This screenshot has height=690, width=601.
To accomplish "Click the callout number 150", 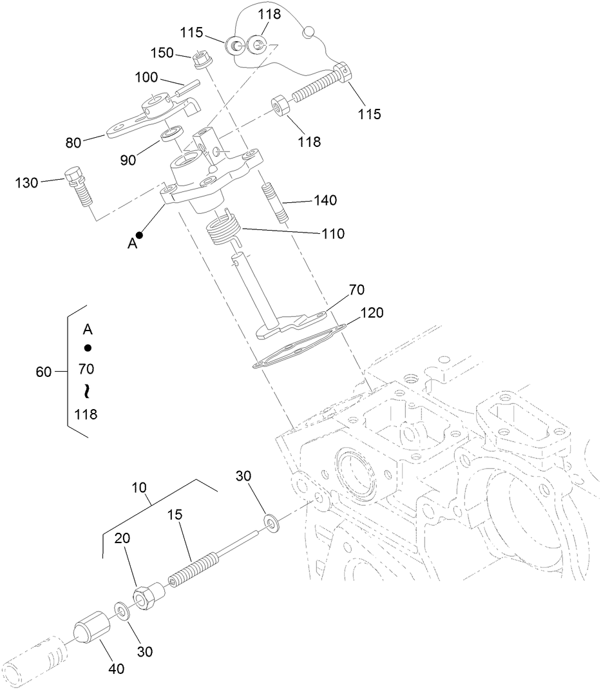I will (162, 53).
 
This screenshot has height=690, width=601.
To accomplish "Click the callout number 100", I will (148, 77).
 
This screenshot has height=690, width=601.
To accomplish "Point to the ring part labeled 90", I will (171, 135).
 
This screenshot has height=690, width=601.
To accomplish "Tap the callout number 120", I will (372, 313).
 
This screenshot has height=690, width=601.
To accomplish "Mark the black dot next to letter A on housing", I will (139, 235).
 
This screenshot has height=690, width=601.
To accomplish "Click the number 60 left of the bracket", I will (44, 372).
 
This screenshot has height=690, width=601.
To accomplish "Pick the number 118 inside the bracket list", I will (86, 414).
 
